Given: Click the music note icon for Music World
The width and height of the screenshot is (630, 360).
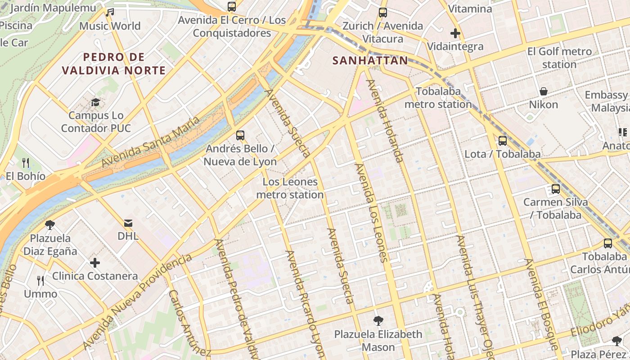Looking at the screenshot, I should click(x=110, y=12).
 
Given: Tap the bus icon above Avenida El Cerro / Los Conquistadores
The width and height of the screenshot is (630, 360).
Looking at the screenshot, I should click(x=232, y=6).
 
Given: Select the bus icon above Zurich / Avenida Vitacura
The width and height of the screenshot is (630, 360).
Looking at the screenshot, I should click(x=383, y=12).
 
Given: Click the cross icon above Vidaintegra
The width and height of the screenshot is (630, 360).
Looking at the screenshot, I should click(x=455, y=33).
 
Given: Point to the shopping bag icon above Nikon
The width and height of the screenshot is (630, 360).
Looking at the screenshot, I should click(x=544, y=91).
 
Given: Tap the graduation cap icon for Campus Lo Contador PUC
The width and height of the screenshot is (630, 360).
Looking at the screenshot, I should click(x=95, y=102).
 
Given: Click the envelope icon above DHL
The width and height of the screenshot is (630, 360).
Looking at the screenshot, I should click(x=128, y=223).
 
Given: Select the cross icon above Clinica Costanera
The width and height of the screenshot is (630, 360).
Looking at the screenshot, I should click(x=95, y=263).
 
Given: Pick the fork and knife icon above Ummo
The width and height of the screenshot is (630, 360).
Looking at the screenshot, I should click(x=41, y=281).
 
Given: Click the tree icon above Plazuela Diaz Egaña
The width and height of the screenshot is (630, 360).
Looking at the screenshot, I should click(x=50, y=225).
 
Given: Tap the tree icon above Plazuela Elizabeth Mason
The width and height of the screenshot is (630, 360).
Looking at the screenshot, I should click(x=378, y=321).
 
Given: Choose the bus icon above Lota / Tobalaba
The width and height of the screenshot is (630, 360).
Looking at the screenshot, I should click(x=503, y=141).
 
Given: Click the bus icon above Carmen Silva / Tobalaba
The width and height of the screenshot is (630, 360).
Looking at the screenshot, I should click(x=556, y=189).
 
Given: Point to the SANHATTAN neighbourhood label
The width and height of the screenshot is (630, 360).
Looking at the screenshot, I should click(x=370, y=60).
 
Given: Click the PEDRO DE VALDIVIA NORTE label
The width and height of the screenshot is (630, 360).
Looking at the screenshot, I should click(x=114, y=63).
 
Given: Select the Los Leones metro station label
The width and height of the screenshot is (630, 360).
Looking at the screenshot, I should click(x=290, y=189).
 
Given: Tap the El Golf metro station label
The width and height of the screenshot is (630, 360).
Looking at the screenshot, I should click(x=559, y=58).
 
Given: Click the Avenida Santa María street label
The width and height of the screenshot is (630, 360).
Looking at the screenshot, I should click(x=150, y=141).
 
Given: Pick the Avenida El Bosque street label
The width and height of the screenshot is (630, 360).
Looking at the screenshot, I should click(x=541, y=304).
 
